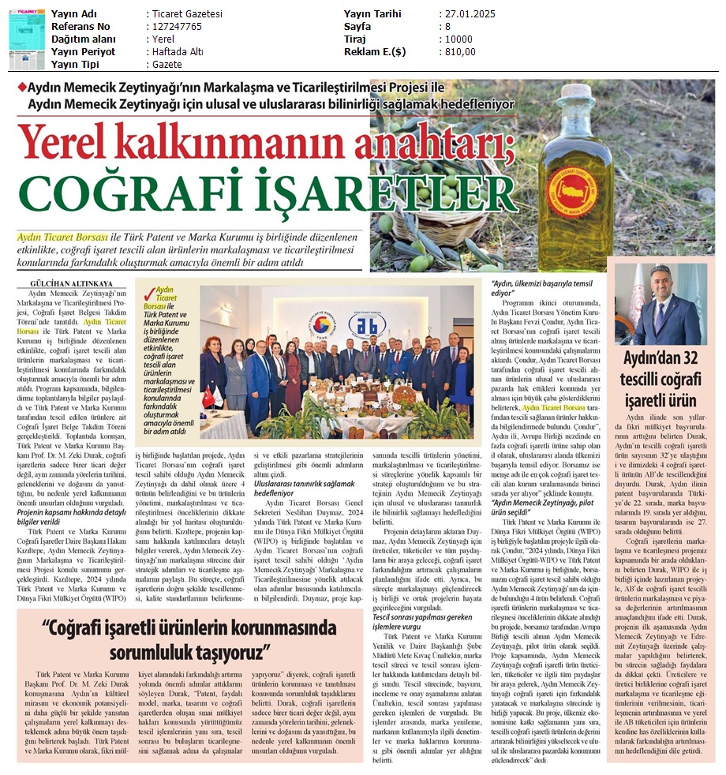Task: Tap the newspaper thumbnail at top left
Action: [x=27, y=39]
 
